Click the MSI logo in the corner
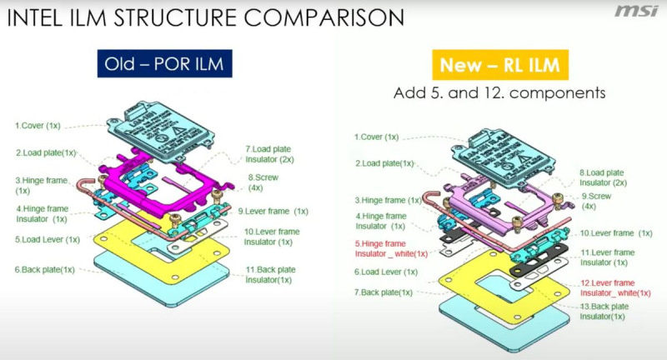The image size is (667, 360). click(x=636, y=12)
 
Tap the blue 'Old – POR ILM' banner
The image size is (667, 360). click(x=165, y=63)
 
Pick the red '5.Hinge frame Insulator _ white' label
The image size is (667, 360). click(x=391, y=247)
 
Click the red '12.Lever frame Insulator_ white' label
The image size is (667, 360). click(x=616, y=287)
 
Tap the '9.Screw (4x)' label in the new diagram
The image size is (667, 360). click(x=598, y=200)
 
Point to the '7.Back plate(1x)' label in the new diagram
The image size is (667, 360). click(x=384, y=292)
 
